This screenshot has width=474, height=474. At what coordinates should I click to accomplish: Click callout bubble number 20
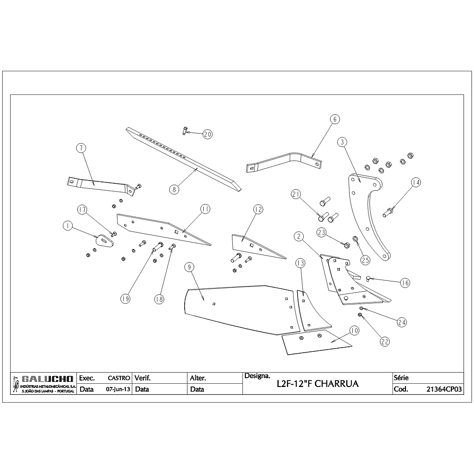208,134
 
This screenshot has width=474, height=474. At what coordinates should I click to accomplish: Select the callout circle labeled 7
81,148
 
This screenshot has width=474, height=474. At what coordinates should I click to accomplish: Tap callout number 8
174,188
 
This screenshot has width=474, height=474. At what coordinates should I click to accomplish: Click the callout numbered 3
342,142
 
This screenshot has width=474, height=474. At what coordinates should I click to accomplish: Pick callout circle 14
416,182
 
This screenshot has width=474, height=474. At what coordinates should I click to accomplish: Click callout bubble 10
355,331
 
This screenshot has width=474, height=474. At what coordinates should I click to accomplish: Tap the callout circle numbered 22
385,342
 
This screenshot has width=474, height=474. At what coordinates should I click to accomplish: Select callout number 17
82,210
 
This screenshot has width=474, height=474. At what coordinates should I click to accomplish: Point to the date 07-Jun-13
118,389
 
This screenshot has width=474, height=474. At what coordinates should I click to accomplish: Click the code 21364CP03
444,389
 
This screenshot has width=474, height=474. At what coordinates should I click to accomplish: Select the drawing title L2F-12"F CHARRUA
317,384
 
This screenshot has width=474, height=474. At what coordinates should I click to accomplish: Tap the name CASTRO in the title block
118,378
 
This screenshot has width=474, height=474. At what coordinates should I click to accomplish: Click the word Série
401,378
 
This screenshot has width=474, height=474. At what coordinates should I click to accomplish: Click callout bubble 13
300,263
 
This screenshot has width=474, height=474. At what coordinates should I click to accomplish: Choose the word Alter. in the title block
198,378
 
